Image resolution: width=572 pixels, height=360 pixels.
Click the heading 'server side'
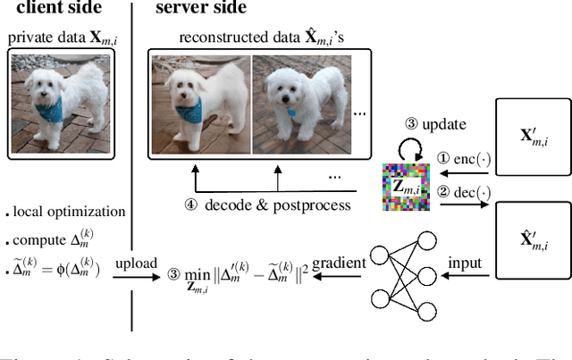coord(201,10)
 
